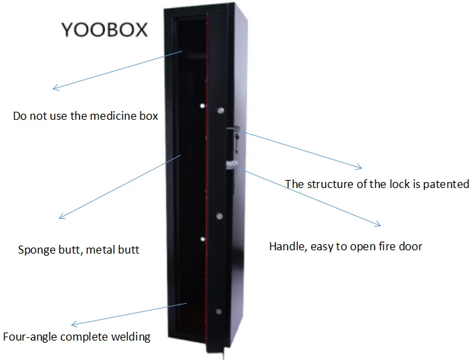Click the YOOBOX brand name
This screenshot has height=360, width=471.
[104, 31]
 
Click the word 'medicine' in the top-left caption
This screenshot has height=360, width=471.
[113, 116]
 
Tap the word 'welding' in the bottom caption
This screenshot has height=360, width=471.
[130, 337]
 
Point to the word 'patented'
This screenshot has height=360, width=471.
[446, 184]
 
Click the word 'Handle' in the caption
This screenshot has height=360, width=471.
[286, 246]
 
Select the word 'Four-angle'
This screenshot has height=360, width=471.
[30, 337]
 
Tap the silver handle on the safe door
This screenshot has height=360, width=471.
[231, 164]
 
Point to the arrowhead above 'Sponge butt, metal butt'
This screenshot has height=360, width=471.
[61, 217]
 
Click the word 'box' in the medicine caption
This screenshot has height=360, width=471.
[149, 116]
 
